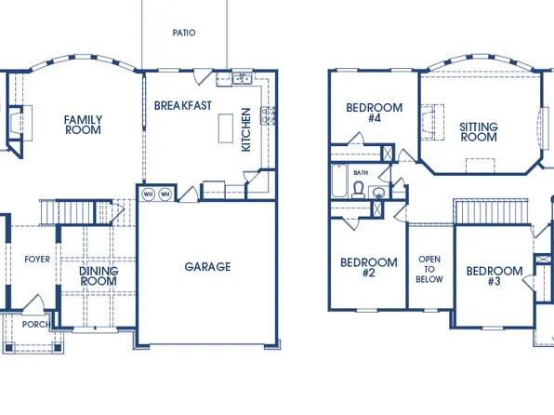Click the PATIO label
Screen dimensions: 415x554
click(x=184, y=33)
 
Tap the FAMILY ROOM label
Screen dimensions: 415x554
click(x=83, y=125)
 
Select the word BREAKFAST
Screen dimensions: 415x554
click(x=183, y=105)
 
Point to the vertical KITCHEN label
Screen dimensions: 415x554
click(x=246, y=129)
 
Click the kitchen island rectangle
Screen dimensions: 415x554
click(x=225, y=128)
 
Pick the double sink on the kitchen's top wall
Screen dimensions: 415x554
click(x=242, y=79)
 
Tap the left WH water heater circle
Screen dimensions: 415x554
click(x=148, y=194)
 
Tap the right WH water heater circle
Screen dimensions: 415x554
click(x=165, y=194)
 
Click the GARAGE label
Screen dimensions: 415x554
click(x=207, y=267)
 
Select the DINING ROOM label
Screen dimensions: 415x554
click(x=99, y=276)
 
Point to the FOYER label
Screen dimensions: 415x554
click(x=37, y=259)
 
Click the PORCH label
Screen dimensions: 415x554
click(x=36, y=325)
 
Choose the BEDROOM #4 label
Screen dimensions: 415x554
click(x=374, y=113)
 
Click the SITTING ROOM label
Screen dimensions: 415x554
click(x=479, y=131)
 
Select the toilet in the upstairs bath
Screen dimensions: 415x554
click(x=358, y=188)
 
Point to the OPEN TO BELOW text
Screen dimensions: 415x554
click(x=429, y=269)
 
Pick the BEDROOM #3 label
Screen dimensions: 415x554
click(x=494, y=276)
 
